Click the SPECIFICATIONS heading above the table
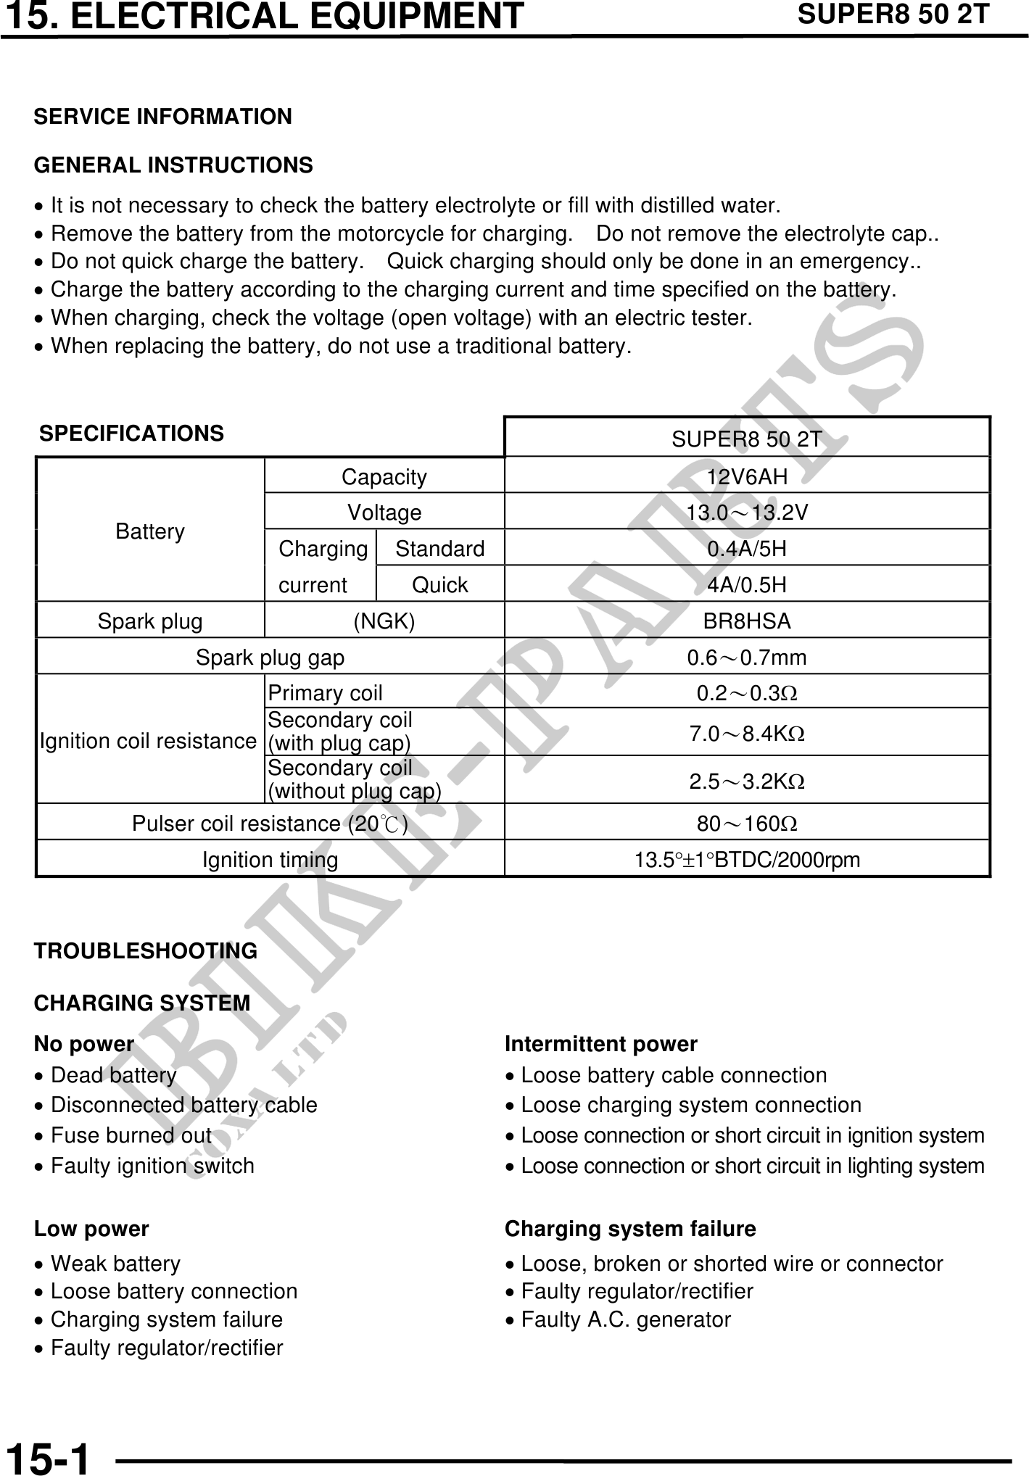pyautogui.click(x=131, y=434)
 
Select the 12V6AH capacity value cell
pyautogui.click(x=747, y=476)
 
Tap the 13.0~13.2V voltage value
pyautogui.click(x=747, y=513)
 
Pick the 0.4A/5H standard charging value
pyautogui.click(x=747, y=549)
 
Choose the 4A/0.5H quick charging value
pyautogui.click(x=747, y=585)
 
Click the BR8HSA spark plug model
pyautogui.click(x=747, y=621)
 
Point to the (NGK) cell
pyautogui.click(x=384, y=621)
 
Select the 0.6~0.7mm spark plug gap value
pyautogui.click(x=747, y=658)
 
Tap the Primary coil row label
pyautogui.click(x=325, y=694)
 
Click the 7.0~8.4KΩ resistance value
pyautogui.click(x=747, y=734)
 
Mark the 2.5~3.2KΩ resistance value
pyautogui.click(x=747, y=781)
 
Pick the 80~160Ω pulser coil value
pyautogui.click(x=747, y=824)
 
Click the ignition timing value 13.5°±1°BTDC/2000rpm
pyautogui.click(x=747, y=861)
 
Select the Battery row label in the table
pyautogui.click(x=150, y=531)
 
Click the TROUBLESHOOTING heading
pyautogui.click(x=146, y=951)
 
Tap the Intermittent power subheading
pyautogui.click(x=600, y=1044)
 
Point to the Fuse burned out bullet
pyautogui.click(x=131, y=1135)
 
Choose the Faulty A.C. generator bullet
pyautogui.click(x=625, y=1319)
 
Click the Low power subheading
pyautogui.click(x=91, y=1229)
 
